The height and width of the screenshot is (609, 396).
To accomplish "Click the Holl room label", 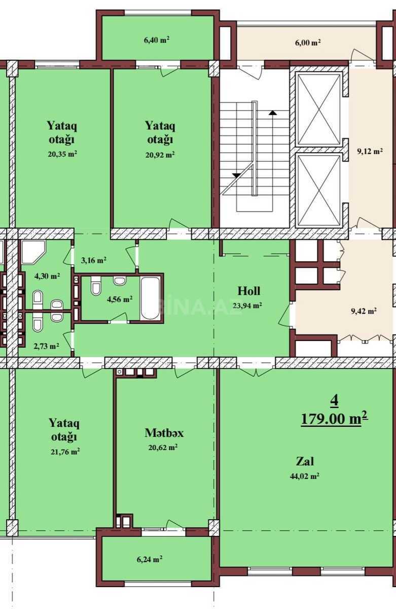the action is [249, 291].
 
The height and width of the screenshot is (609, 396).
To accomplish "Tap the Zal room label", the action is [305, 461].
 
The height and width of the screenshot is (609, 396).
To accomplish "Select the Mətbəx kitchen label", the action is [164, 433].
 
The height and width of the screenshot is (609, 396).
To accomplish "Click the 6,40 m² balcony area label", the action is [157, 40].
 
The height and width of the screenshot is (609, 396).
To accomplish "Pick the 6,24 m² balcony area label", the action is [150, 559].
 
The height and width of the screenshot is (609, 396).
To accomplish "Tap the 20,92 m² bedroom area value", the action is [160, 155].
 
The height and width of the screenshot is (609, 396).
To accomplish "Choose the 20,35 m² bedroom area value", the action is [62, 154].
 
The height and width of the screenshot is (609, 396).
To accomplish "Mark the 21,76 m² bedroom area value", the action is [65, 452].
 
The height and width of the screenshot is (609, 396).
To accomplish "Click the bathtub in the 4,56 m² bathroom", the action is [150, 298].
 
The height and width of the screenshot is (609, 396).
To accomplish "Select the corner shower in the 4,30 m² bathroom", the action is [33, 252].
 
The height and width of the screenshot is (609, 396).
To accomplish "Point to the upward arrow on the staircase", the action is [273, 112].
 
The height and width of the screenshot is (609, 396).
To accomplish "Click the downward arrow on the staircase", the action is [237, 176].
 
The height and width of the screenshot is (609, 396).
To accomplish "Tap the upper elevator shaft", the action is [318, 110].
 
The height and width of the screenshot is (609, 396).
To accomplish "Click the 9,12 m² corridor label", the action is [370, 151].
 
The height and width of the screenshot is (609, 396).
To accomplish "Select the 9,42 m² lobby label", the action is [364, 311].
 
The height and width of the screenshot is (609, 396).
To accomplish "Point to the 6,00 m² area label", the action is [308, 43].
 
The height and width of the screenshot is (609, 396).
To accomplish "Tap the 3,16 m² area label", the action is [94, 260].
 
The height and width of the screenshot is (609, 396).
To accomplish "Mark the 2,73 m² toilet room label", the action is [47, 346].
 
